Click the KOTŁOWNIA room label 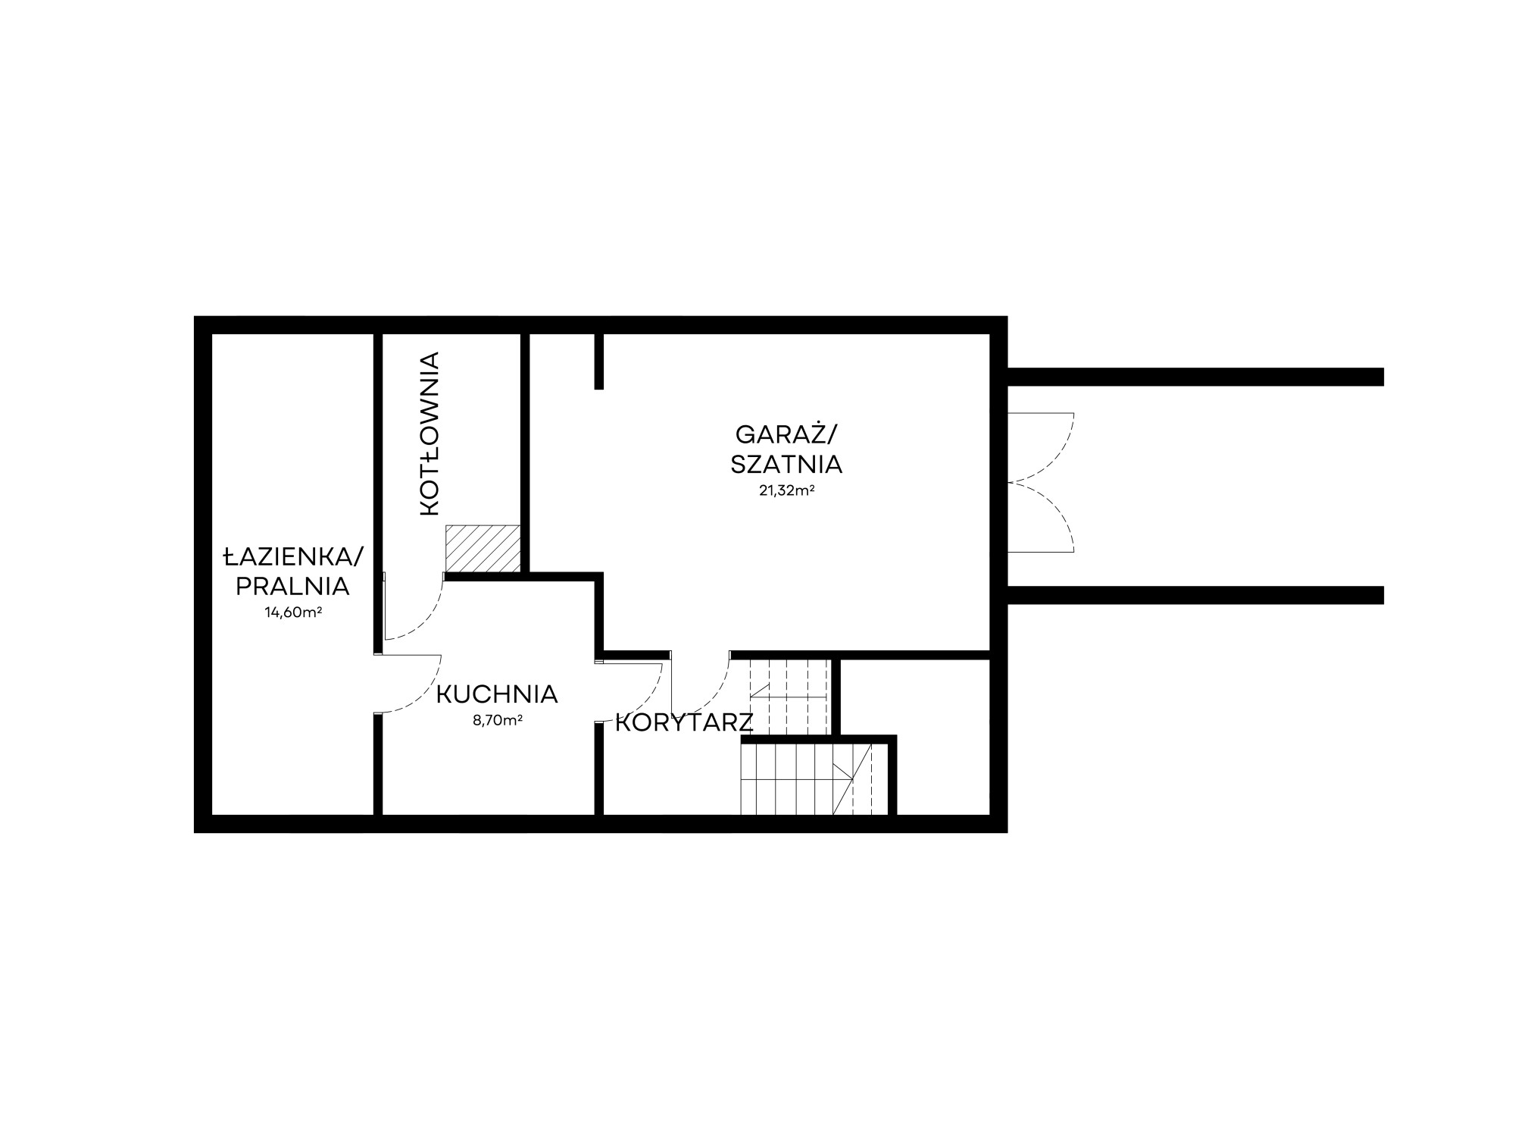[430, 434]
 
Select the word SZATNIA [786, 464]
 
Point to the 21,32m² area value [786, 490]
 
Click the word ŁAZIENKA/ [293, 558]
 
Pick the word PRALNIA [292, 586]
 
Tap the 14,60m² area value [293, 612]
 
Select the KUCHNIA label [497, 694]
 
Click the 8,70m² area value [498, 721]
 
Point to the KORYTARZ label [683, 723]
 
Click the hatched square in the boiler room [483, 549]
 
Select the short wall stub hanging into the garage [599, 361]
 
